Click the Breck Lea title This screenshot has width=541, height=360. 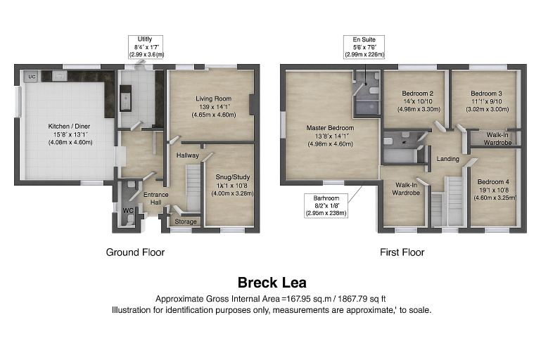(x=272, y=283)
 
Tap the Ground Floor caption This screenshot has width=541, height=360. (x=136, y=252)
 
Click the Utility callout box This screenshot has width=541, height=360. (x=146, y=46)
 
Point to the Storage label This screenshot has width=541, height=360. (x=186, y=222)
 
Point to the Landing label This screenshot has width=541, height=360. (x=447, y=159)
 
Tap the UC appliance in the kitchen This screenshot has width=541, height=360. (x=32, y=76)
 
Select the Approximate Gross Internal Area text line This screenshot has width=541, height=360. (x=272, y=298)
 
